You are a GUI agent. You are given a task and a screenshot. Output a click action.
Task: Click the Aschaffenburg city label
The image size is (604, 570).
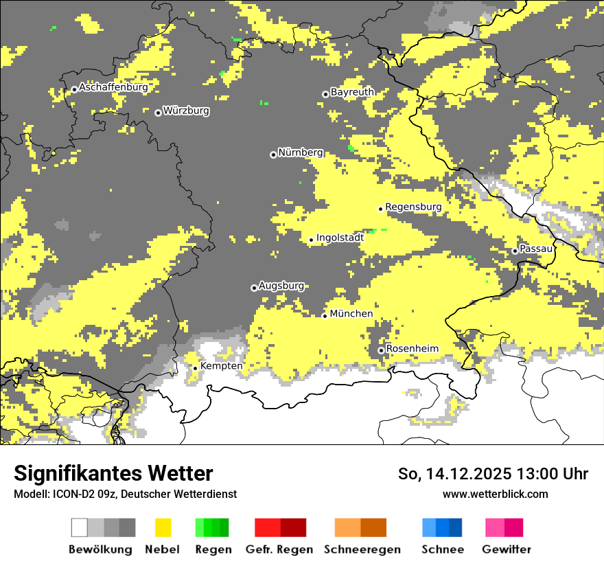coord(113,88)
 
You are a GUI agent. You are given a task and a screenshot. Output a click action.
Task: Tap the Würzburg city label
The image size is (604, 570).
coord(186,111)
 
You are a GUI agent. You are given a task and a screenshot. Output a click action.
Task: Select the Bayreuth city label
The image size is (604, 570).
coord(352,92)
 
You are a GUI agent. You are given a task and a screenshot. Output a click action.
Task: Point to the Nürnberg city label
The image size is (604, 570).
coord(300,152)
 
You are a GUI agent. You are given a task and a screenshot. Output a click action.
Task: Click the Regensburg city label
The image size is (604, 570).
coord(413,207)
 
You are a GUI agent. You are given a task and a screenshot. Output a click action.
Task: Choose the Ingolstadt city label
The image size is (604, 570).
coord(340,238)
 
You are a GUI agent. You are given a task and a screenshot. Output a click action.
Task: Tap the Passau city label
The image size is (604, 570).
coord(536,249)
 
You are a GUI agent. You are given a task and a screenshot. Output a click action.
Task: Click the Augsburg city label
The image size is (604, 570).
coord(281,286)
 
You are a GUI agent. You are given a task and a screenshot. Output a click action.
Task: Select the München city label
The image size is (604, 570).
coord(351,314)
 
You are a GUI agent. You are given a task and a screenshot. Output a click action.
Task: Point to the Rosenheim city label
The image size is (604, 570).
coord(412,349)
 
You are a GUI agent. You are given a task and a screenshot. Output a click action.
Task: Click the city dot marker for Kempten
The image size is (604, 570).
coord(195,368)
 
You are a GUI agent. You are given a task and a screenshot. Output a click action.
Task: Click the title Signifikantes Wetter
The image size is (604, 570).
coord(113,474)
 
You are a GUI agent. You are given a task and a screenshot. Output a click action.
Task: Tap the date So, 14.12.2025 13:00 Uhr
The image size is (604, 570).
coord(493,475)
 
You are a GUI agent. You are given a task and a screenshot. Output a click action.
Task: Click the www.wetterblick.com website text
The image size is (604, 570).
coord(495,494)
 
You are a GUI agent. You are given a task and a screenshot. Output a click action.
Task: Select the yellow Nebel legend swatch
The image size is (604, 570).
coord(163,527)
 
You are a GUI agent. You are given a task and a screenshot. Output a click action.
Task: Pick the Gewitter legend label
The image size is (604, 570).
coord(506,549)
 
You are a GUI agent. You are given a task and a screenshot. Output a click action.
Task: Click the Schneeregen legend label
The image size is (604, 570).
coord(362,549)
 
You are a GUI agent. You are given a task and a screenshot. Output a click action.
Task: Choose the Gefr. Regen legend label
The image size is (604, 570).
coord(279,549)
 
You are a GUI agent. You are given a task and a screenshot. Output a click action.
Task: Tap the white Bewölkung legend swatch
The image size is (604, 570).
coord(80,527)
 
